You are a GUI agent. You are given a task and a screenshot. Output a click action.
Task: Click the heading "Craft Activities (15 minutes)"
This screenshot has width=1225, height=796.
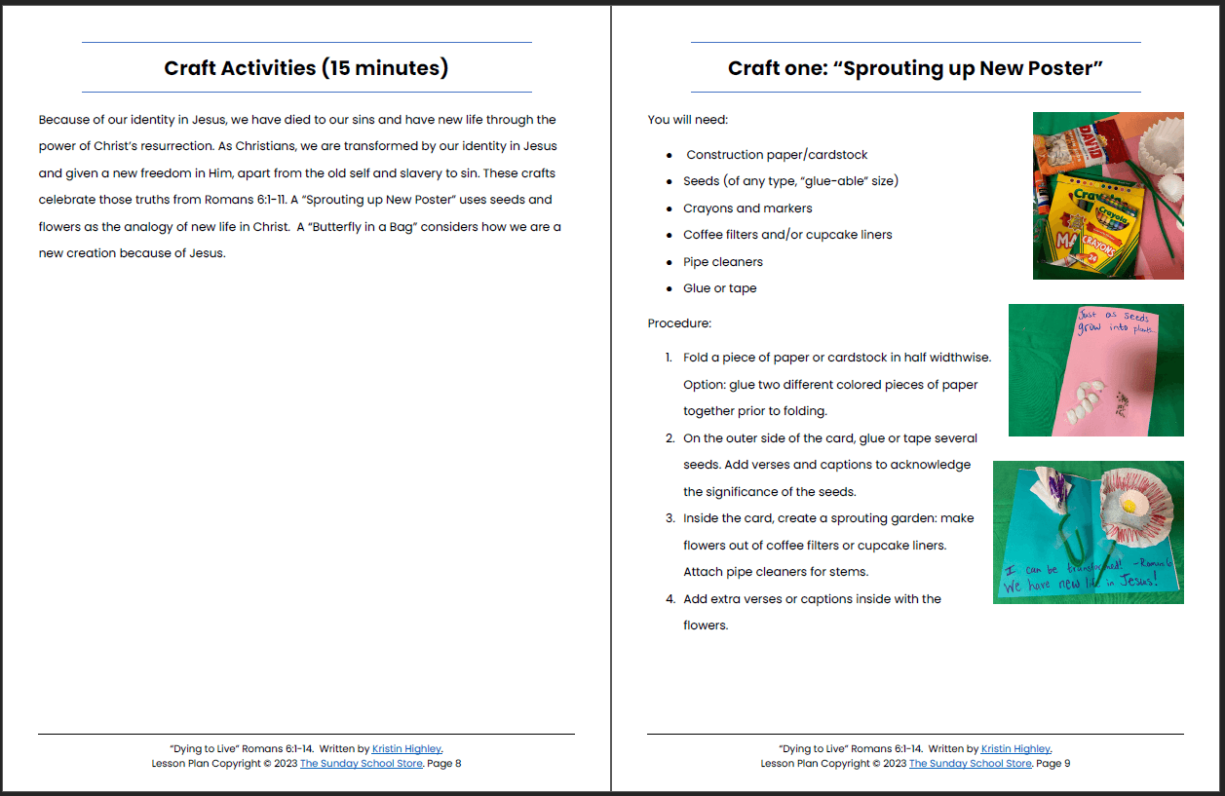point(306,68)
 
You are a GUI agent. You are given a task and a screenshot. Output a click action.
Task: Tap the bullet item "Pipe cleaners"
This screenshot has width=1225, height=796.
point(722,262)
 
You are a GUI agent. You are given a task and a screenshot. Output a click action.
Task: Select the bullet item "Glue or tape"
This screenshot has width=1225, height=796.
point(719,288)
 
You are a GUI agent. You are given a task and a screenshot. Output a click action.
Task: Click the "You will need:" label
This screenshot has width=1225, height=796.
point(687,120)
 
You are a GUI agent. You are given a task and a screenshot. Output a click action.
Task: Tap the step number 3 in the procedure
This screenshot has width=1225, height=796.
point(670,518)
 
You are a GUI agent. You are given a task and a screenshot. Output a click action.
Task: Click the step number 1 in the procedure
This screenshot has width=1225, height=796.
point(670,358)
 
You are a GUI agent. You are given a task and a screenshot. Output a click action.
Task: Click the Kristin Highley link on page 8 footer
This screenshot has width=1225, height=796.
point(406,749)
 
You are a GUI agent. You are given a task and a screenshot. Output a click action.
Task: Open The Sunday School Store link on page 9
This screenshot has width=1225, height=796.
point(970,764)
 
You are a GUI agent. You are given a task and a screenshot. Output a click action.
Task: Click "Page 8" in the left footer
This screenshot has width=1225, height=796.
point(444,764)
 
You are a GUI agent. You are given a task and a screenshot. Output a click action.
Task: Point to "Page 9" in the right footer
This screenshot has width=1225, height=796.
point(1053,764)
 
